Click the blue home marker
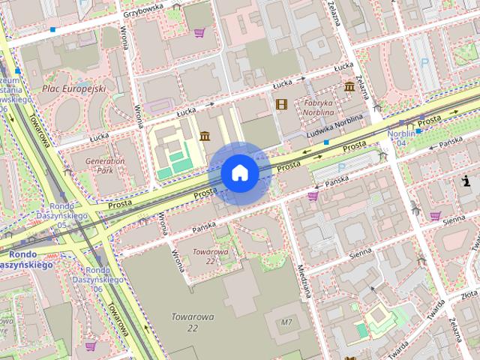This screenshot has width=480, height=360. [x=239, y=173]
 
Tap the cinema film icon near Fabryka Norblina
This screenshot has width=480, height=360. [x=281, y=104]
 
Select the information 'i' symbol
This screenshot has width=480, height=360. [x=466, y=181]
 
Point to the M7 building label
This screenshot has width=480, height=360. [x=286, y=322]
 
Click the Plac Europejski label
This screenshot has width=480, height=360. [x=73, y=88]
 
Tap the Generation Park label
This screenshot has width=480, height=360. [x=104, y=165]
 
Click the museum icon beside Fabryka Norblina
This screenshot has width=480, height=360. [x=349, y=88]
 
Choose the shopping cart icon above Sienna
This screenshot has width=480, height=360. [x=435, y=216]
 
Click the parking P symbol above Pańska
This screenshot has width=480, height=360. [x=342, y=167]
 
